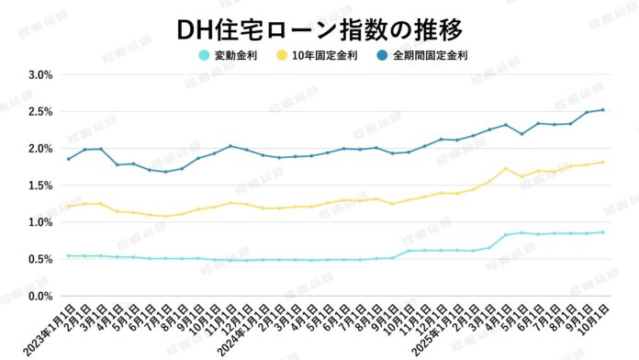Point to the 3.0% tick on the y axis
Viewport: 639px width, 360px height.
coord(39,74)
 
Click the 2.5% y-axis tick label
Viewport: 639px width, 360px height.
coord(39,111)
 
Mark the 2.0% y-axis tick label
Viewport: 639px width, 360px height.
coord(39,149)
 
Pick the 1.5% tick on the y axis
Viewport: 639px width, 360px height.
coord(39,186)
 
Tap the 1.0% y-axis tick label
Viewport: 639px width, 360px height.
coord(39,222)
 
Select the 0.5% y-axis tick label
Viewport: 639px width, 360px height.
coord(39,259)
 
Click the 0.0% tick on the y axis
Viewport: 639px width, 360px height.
coord(39,296)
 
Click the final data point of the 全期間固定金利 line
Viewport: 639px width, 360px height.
coord(602,110)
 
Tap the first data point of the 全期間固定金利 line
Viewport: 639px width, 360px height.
coord(68,159)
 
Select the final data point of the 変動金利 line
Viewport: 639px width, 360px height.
coord(602,232)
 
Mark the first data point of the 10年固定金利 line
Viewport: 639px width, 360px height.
coord(68,207)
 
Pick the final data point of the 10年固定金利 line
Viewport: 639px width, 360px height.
coord(602,162)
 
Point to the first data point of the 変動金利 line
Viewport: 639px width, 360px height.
coord(68,255)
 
